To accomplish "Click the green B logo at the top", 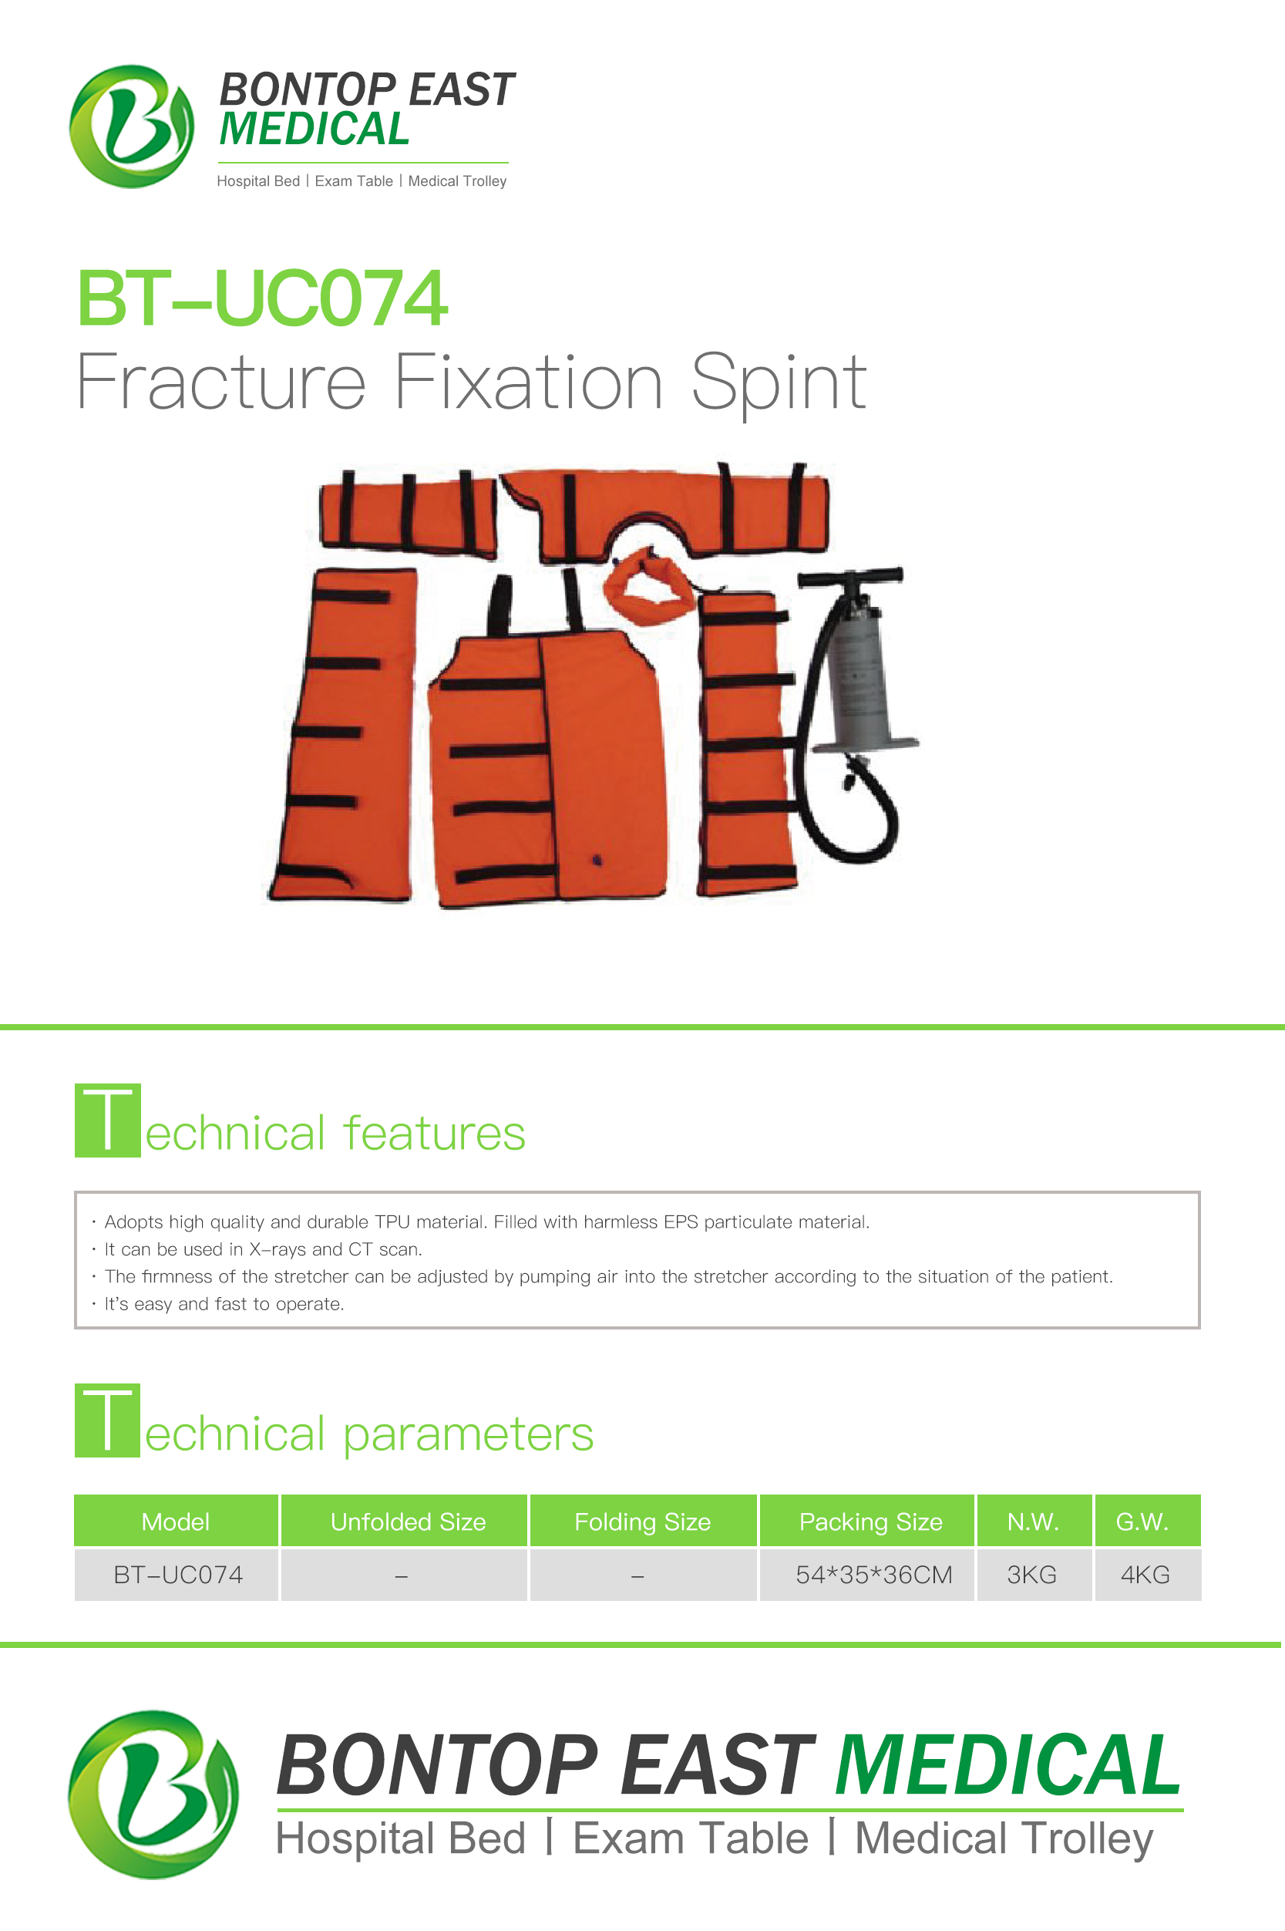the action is pyautogui.click(x=132, y=126).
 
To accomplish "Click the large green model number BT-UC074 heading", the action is pyautogui.click(x=262, y=298).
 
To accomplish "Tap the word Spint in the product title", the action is pyautogui.click(x=779, y=382).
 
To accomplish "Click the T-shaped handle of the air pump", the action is pyautogui.click(x=851, y=577).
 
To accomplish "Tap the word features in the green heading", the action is pyautogui.click(x=434, y=1133).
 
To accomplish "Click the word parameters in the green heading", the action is pyautogui.click(x=468, y=1436).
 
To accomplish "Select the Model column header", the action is pyautogui.click(x=176, y=1522).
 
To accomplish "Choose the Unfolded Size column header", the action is pyautogui.click(x=408, y=1522).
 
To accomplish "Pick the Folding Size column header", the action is pyautogui.click(x=643, y=1522).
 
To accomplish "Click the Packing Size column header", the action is pyautogui.click(x=870, y=1522).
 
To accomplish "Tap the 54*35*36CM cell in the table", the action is pyautogui.click(x=873, y=1575).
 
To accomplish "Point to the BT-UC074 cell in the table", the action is pyautogui.click(x=178, y=1575).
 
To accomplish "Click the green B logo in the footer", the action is pyautogui.click(x=154, y=1795).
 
